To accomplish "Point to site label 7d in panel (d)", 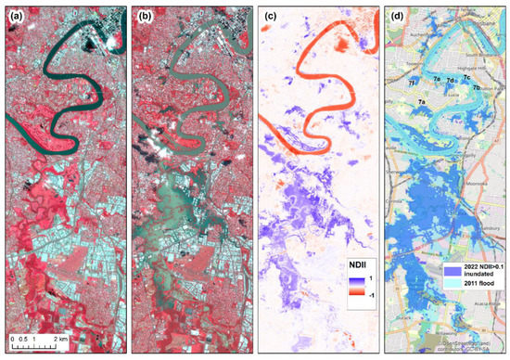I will [449, 82].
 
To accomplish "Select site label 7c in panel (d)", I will [465, 82].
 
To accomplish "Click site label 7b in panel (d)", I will [476, 88].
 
